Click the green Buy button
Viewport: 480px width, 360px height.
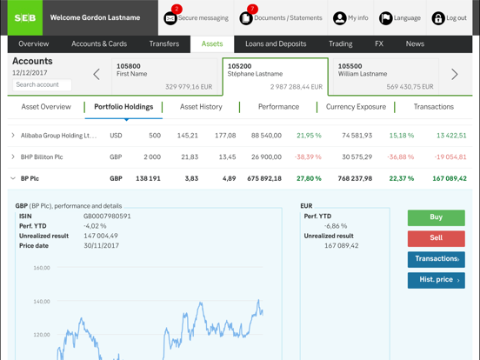[x=436, y=217]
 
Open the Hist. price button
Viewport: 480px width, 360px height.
[x=436, y=280]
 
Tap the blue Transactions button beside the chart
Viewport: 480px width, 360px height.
[x=436, y=259]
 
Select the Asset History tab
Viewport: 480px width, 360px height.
[x=201, y=107]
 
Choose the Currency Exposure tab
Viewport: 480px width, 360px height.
[x=356, y=107]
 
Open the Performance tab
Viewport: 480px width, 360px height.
[x=278, y=107]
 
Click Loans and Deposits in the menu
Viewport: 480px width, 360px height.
[x=276, y=43]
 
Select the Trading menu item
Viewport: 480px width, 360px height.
[x=341, y=43]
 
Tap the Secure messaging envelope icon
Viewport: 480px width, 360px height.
[x=170, y=18]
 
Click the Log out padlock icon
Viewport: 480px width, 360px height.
[x=438, y=18]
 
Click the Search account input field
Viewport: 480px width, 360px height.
[x=43, y=85]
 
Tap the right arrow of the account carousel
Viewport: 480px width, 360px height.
[x=454, y=75]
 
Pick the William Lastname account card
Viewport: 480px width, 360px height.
[x=385, y=76]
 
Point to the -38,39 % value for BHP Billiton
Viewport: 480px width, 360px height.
[x=308, y=157]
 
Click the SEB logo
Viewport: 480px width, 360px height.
[x=24, y=17]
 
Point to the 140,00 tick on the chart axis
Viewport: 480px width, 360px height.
[x=42, y=302]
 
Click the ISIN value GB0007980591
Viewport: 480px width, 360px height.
[x=107, y=217]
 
